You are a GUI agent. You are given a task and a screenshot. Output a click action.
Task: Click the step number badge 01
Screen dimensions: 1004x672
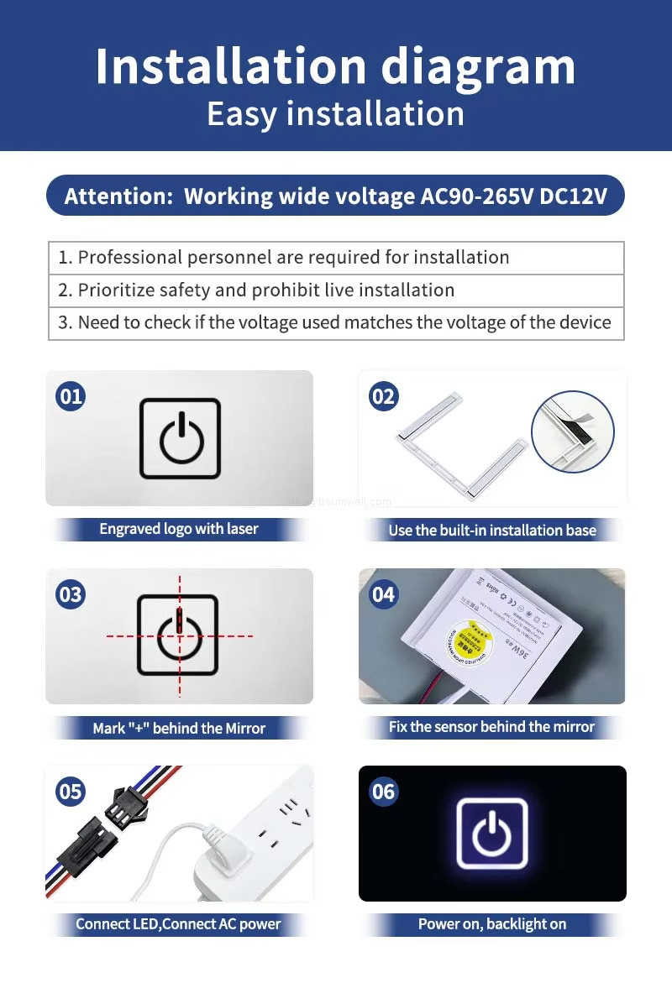click(x=71, y=395)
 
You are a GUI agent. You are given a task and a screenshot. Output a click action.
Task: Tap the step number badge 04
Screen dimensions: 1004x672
click(x=383, y=594)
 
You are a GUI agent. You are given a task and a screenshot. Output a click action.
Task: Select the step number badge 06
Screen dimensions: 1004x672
click(x=383, y=792)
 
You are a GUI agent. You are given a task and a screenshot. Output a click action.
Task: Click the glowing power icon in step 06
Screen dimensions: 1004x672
click(x=492, y=834)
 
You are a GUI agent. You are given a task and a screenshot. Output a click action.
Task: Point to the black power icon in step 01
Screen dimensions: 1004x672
click(x=180, y=438)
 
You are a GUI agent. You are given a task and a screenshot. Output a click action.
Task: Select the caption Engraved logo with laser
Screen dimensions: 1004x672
click(x=179, y=529)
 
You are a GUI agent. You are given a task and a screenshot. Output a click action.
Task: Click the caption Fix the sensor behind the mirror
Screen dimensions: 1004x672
click(x=491, y=727)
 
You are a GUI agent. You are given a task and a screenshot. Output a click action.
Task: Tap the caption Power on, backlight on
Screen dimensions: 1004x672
click(x=492, y=924)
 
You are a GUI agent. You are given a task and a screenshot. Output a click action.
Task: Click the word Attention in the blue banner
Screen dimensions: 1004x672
click(x=118, y=196)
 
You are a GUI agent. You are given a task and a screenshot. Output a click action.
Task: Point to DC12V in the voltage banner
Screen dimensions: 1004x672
click(x=573, y=196)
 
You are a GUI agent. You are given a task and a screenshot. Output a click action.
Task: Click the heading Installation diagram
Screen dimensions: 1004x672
click(x=335, y=66)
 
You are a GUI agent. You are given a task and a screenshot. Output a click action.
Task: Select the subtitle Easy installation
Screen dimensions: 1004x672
click(x=335, y=113)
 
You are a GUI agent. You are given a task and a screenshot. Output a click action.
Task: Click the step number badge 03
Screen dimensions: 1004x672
click(x=71, y=594)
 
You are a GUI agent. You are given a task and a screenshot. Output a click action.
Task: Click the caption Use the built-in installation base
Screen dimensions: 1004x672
click(x=492, y=531)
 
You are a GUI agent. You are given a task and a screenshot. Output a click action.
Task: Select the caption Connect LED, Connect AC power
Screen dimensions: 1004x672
click(x=178, y=924)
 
